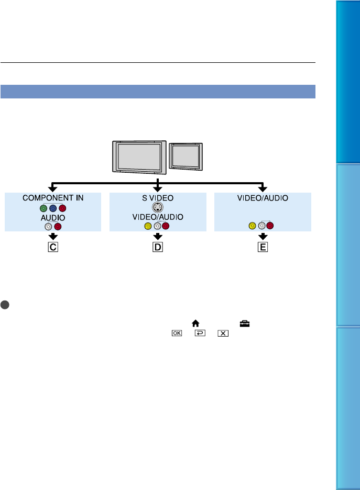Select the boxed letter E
point(262,247)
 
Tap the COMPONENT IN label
point(52,198)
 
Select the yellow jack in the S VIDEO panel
point(148,226)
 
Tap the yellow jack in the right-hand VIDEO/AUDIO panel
point(253,226)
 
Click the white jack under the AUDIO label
point(48,226)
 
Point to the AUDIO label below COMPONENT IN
point(52,217)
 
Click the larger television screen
point(138,155)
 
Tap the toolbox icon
point(244,324)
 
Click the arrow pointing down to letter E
point(262,236)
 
